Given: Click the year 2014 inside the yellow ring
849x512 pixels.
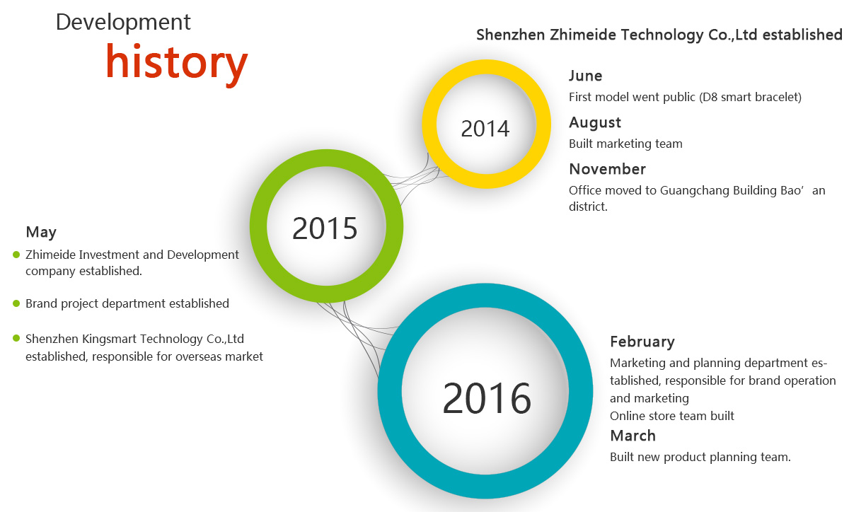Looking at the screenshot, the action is click(x=485, y=129).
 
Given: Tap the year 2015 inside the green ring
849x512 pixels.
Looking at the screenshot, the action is click(x=325, y=228).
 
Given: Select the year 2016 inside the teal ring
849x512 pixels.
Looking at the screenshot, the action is click(x=487, y=398).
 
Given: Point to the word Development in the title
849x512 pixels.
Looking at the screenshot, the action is click(x=123, y=22).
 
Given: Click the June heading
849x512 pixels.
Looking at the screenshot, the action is click(x=586, y=76).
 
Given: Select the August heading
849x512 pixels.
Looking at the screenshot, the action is click(x=595, y=123).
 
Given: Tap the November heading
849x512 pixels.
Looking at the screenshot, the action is click(x=608, y=169).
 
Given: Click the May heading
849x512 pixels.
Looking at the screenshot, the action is click(x=41, y=233).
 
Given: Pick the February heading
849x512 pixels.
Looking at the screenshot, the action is click(x=642, y=342).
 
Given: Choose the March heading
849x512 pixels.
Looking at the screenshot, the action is click(x=633, y=436).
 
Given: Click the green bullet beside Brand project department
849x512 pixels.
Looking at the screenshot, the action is click(x=16, y=303).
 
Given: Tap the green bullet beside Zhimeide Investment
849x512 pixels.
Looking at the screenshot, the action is click(x=16, y=255).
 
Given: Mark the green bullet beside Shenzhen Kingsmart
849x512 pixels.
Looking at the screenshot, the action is click(x=16, y=338).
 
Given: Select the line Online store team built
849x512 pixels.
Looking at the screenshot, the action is click(x=672, y=416).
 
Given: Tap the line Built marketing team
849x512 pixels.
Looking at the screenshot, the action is click(x=625, y=144).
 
